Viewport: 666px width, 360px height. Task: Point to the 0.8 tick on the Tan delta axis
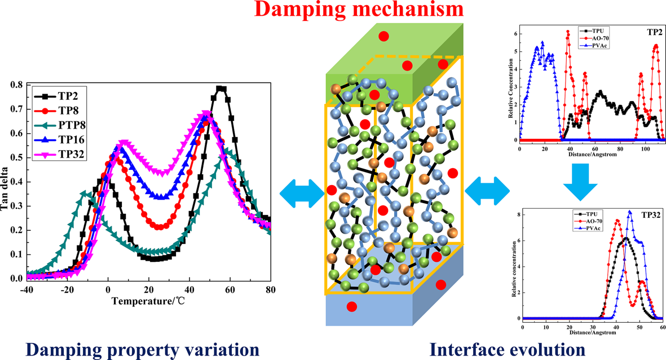pyautogui.click(x=16, y=86)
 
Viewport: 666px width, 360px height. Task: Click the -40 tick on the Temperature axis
pyautogui.click(x=26, y=289)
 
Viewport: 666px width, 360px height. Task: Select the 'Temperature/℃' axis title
pyautogui.click(x=148, y=300)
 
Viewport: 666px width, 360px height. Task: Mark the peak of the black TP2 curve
pyautogui.click(x=220, y=89)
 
